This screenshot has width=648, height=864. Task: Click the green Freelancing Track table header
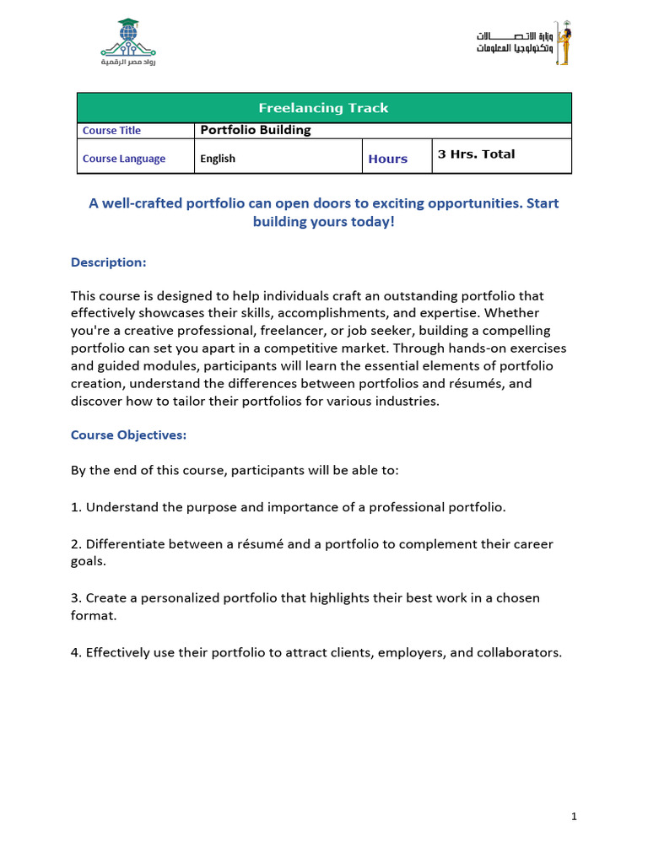click(x=324, y=108)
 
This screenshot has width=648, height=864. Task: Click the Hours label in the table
click(x=387, y=159)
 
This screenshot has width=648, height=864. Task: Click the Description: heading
click(x=108, y=262)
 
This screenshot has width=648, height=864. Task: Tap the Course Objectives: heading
click(x=128, y=435)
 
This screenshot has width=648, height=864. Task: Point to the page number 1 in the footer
click(x=573, y=817)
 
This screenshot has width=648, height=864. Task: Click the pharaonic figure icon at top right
click(x=562, y=44)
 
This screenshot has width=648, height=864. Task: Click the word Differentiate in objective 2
click(x=127, y=544)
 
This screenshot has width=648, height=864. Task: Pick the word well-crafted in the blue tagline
click(x=139, y=203)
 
